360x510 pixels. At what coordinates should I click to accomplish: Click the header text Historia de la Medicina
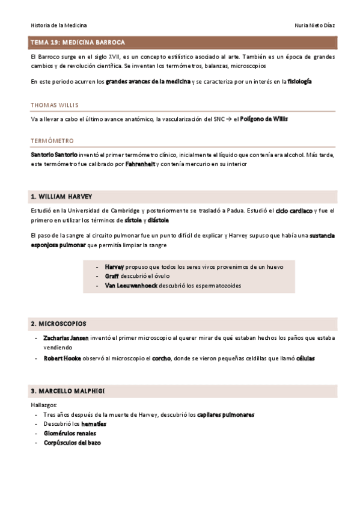point(58,25)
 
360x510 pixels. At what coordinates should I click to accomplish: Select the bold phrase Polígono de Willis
point(264,119)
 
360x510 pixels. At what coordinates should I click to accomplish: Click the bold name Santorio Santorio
point(53,155)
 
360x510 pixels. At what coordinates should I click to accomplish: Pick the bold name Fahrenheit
point(140,164)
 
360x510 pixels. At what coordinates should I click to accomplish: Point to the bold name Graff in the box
point(112,276)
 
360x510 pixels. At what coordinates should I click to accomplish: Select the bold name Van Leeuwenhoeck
point(130,286)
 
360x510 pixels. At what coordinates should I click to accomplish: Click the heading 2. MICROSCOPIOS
point(58,324)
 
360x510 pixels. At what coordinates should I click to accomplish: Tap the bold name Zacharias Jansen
point(66,338)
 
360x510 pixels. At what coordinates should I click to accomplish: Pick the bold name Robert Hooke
point(62,358)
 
